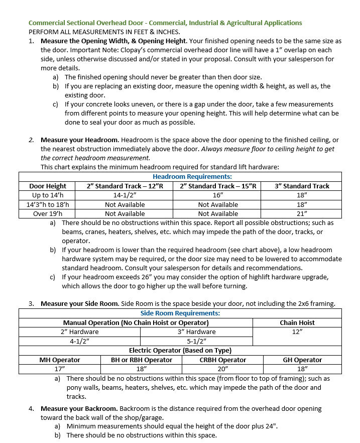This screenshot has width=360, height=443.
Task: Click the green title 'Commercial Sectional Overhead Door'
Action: [x=87, y=23]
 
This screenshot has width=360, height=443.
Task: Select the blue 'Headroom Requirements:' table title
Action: [x=192, y=177]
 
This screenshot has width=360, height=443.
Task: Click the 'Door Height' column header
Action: [x=48, y=186]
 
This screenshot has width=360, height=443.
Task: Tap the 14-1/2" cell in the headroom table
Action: [x=125, y=195]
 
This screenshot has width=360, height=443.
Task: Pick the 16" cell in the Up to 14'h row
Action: [x=218, y=195]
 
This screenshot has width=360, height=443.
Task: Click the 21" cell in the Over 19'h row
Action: [x=302, y=213]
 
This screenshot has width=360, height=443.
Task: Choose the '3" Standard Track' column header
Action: [x=302, y=186]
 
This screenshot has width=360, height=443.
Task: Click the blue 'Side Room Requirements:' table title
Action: [x=180, y=313]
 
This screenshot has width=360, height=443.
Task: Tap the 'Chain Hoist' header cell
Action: [x=297, y=322]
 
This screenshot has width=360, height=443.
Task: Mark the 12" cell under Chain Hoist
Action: [x=297, y=331]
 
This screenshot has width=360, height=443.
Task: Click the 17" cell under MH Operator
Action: [x=60, y=369]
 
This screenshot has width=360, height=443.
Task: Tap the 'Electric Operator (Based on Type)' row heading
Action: [x=180, y=350]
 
